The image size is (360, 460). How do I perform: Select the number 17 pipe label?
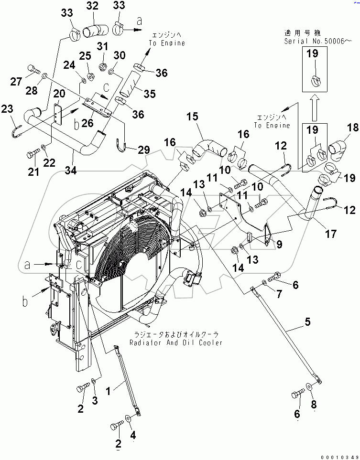[x=330, y=234]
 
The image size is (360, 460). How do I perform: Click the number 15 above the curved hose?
[x=191, y=116]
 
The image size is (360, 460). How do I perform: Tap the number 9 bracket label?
[x=279, y=244]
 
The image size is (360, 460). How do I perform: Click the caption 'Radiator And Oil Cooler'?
[x=175, y=343]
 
